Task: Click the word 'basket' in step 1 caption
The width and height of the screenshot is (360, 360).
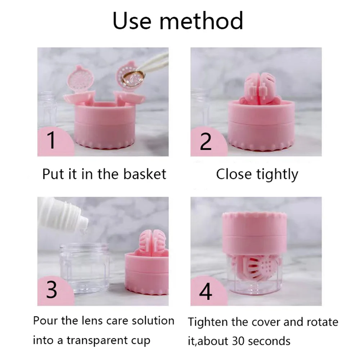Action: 145,174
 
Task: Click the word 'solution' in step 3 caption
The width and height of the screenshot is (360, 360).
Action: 153,320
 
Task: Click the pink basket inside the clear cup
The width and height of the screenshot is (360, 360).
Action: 257,267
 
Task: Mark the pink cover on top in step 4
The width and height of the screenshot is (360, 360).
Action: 255,232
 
